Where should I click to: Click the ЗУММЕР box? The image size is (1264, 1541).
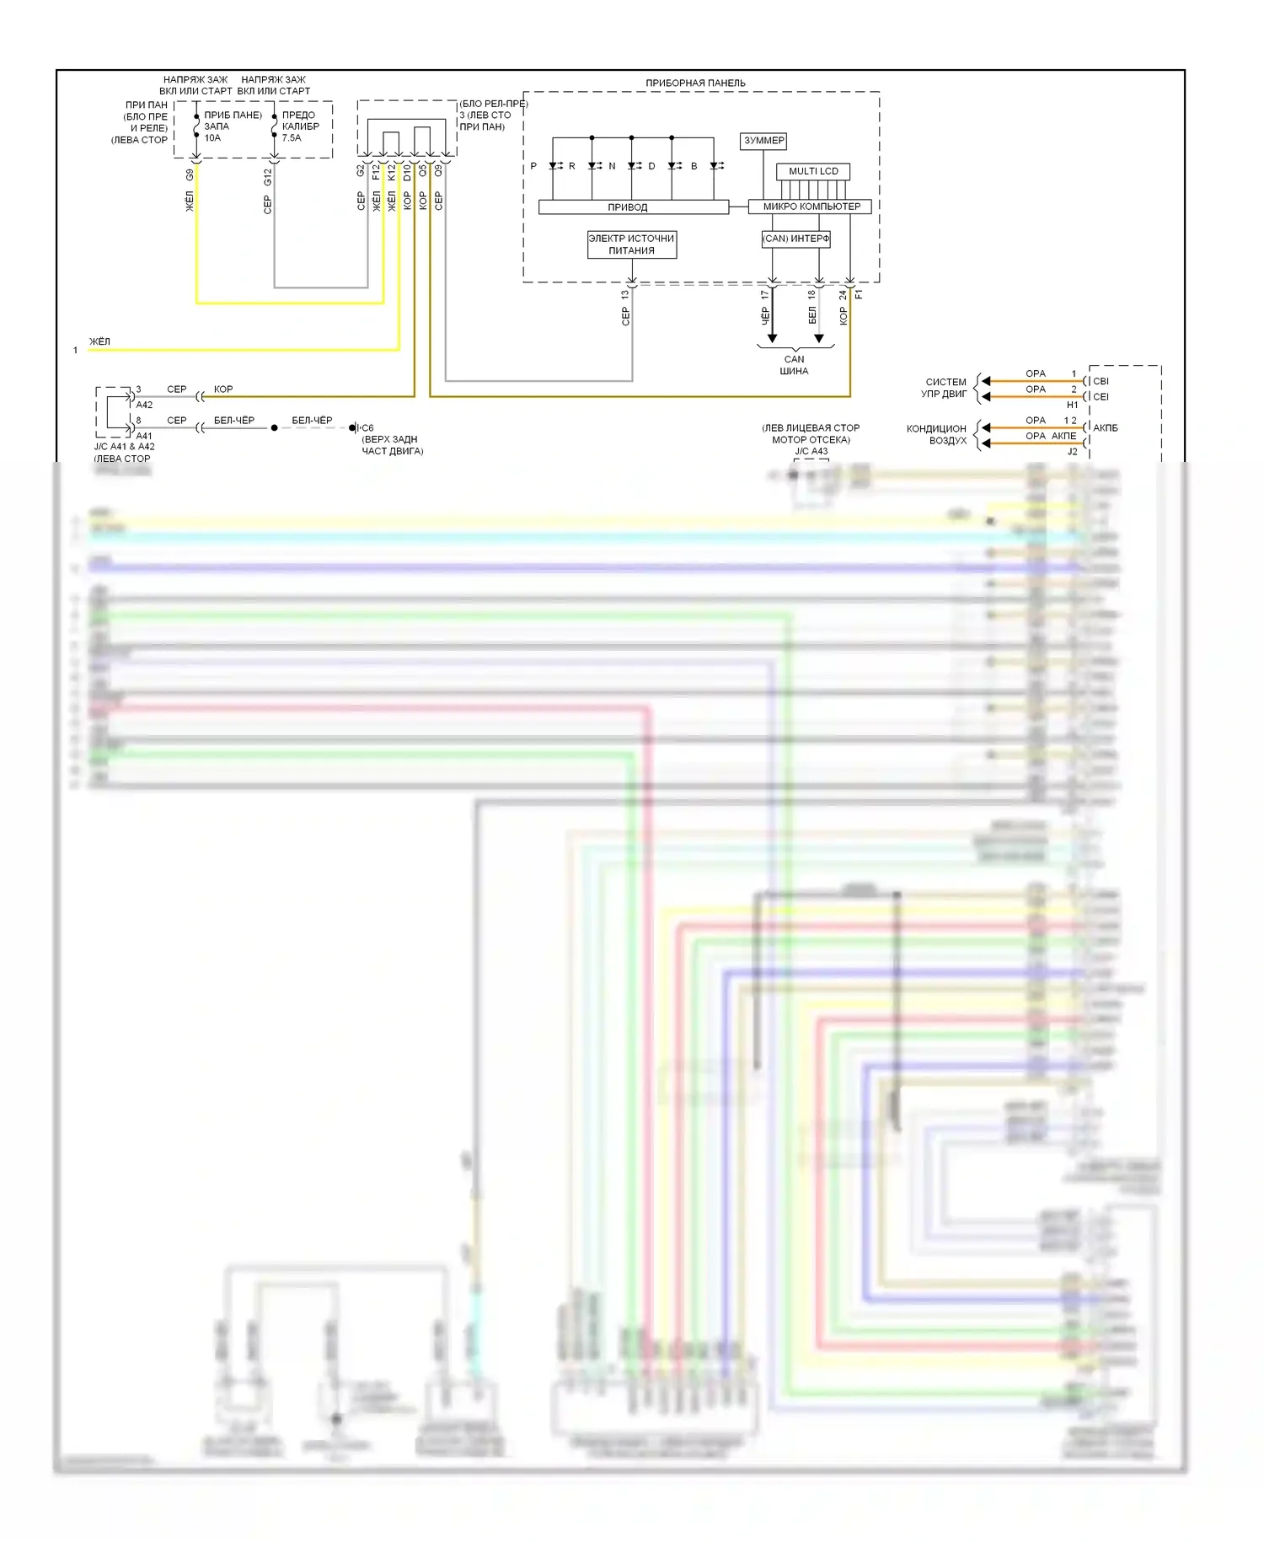(763, 141)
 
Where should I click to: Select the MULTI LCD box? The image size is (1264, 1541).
(813, 171)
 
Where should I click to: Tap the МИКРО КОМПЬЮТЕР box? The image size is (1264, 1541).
(811, 207)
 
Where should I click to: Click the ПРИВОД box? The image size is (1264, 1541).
(628, 207)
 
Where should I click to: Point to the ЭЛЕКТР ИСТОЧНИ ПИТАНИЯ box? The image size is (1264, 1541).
(631, 244)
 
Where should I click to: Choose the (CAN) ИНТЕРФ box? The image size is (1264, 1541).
(795, 239)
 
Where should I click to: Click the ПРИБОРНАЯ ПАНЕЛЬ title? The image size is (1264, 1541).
(695, 83)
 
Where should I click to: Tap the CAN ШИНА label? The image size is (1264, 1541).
(794, 365)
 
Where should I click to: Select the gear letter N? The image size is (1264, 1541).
(612, 166)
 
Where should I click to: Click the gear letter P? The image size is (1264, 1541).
(533, 166)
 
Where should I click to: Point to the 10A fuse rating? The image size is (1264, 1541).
(212, 138)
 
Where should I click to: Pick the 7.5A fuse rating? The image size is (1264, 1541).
(292, 138)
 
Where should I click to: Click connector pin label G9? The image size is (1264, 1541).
(190, 175)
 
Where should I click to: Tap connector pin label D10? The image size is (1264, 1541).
(407, 173)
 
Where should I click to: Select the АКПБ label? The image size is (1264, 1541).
(1105, 428)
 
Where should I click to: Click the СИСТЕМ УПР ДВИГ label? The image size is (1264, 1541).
(945, 388)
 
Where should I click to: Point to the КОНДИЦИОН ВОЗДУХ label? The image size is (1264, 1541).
(937, 434)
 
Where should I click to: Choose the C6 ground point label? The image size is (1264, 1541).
(367, 428)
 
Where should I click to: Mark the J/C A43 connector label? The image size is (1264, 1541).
(811, 451)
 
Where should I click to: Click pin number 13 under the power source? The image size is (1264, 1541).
(624, 295)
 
